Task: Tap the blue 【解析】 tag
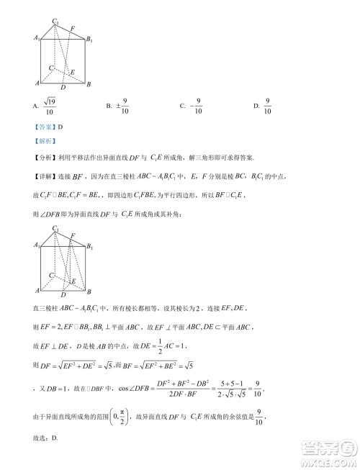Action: [x=42, y=142]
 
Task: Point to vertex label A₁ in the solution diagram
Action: [x=36, y=245]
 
